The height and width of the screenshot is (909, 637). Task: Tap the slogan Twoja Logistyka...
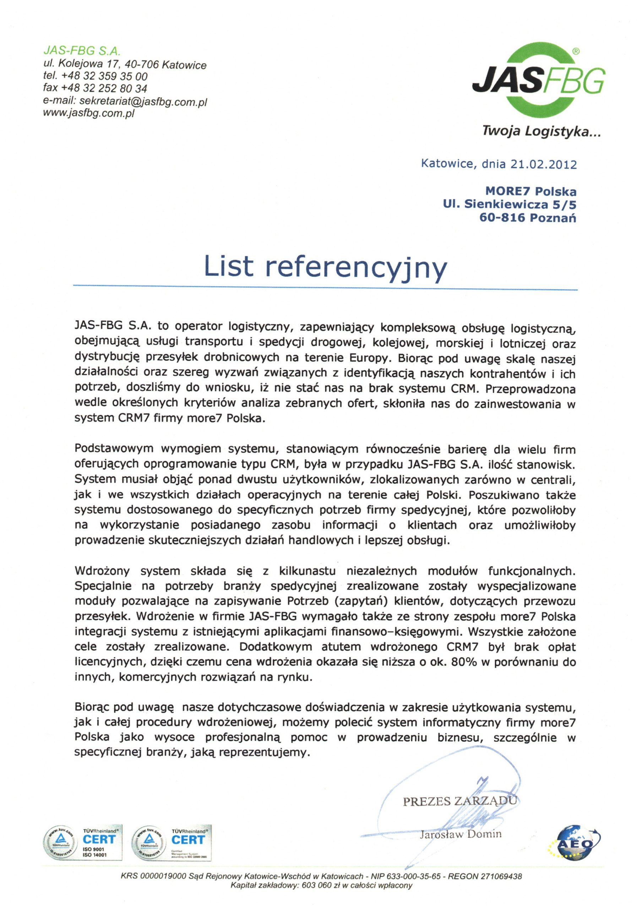[x=541, y=131]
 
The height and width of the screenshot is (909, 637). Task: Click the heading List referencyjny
[x=325, y=266]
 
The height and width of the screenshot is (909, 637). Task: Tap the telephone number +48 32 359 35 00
[x=104, y=76]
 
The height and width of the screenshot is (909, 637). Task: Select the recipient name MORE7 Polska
[x=530, y=192]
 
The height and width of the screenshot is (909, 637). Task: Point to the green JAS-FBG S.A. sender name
[x=82, y=51]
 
